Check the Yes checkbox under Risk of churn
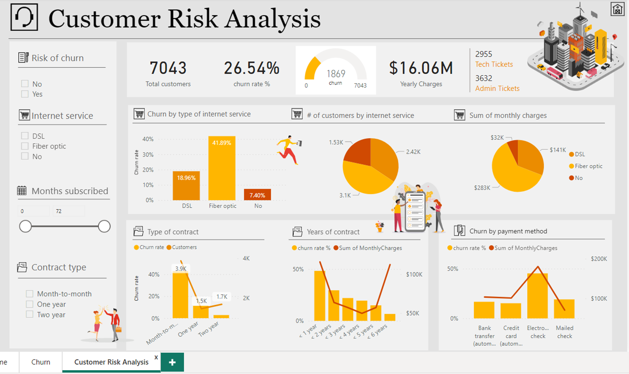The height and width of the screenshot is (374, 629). [x=25, y=94]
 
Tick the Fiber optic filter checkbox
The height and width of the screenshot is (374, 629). [x=25, y=146]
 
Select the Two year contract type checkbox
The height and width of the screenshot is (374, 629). [x=30, y=314]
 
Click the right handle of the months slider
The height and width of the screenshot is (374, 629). [x=104, y=226]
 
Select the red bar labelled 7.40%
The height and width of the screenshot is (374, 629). [x=257, y=195]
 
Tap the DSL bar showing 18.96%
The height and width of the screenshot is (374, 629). [x=186, y=186]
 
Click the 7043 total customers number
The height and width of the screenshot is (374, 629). [x=168, y=68]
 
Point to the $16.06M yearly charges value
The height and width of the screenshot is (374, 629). [x=421, y=68]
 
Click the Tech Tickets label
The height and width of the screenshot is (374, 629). [x=494, y=64]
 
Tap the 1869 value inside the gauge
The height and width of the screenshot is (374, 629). [x=336, y=73]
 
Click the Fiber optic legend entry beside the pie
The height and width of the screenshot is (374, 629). [x=588, y=166]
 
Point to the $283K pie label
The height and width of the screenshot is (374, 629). [x=482, y=188]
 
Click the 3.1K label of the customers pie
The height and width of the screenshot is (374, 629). [x=345, y=195]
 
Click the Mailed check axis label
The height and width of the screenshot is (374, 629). [x=564, y=332]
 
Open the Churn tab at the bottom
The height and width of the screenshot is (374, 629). [x=41, y=362]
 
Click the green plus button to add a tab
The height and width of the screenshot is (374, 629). [x=172, y=362]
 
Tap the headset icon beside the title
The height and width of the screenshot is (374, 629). [x=24, y=17]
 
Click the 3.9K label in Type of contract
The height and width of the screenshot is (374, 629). [x=181, y=269]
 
